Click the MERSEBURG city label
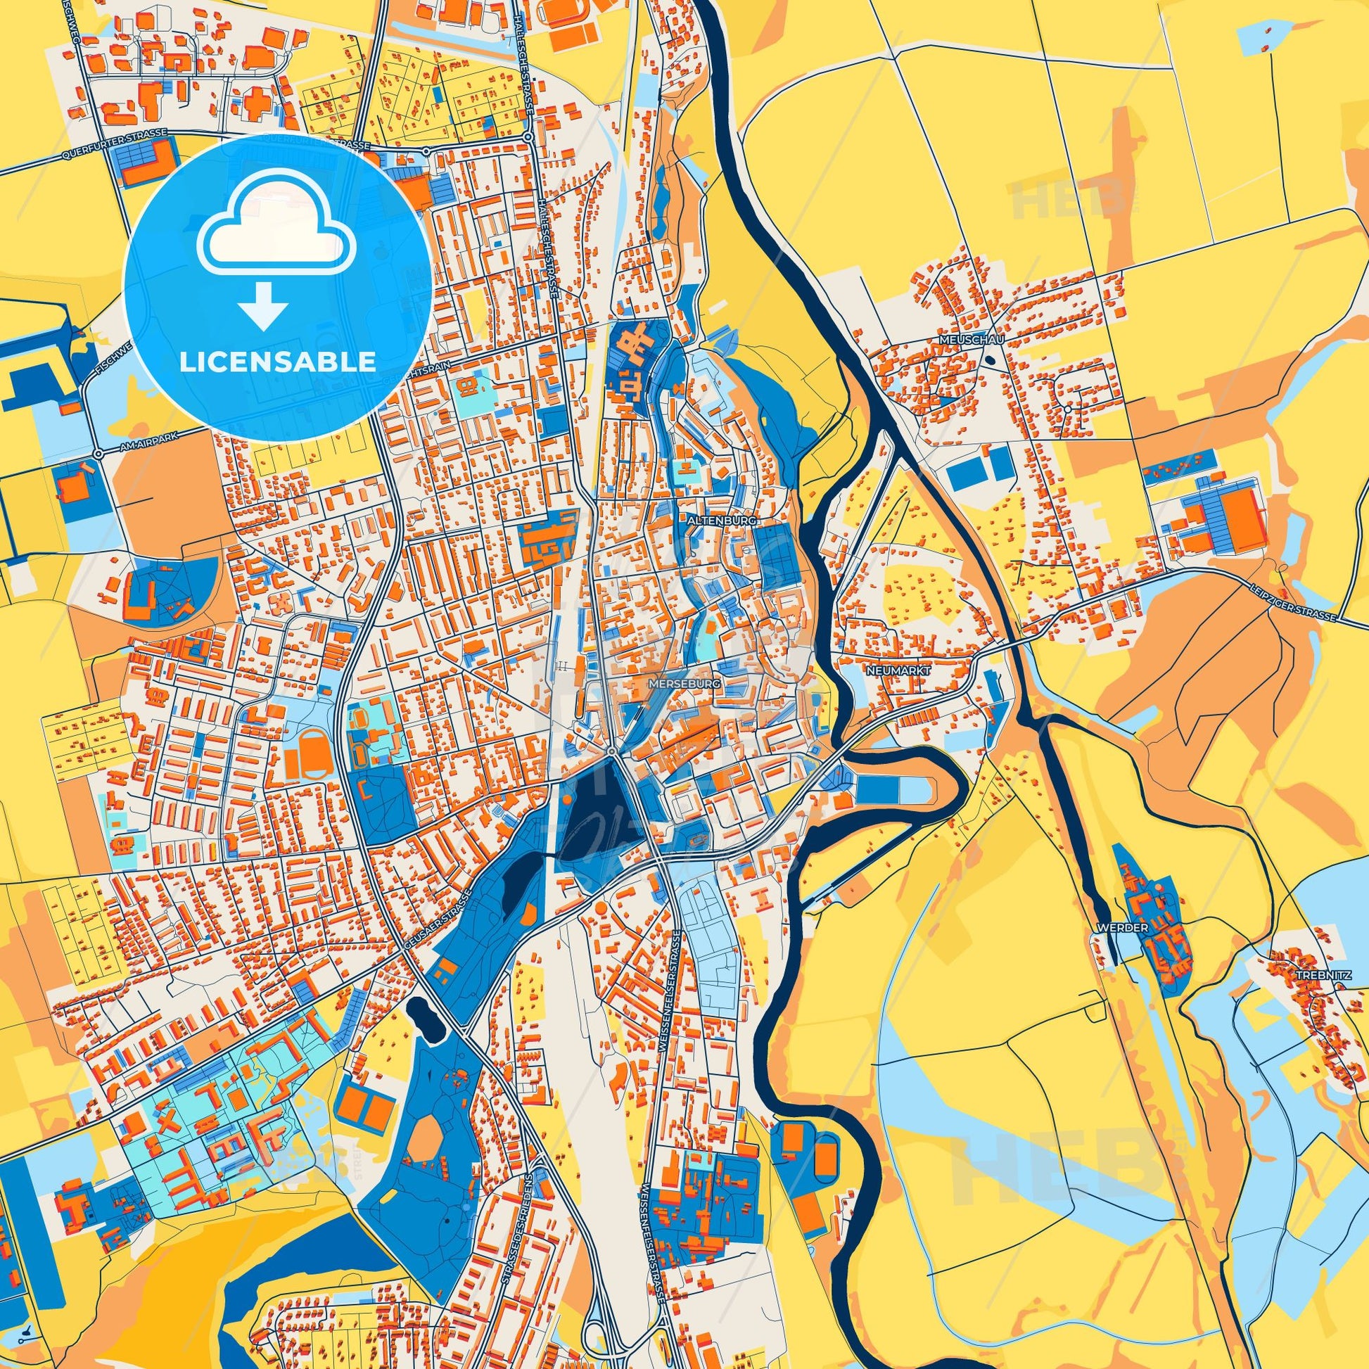pyautogui.click(x=685, y=684)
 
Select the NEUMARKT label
pyautogui.click(x=886, y=668)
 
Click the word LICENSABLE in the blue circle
pyautogui.click(x=277, y=362)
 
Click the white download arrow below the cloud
pyautogui.click(x=263, y=305)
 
